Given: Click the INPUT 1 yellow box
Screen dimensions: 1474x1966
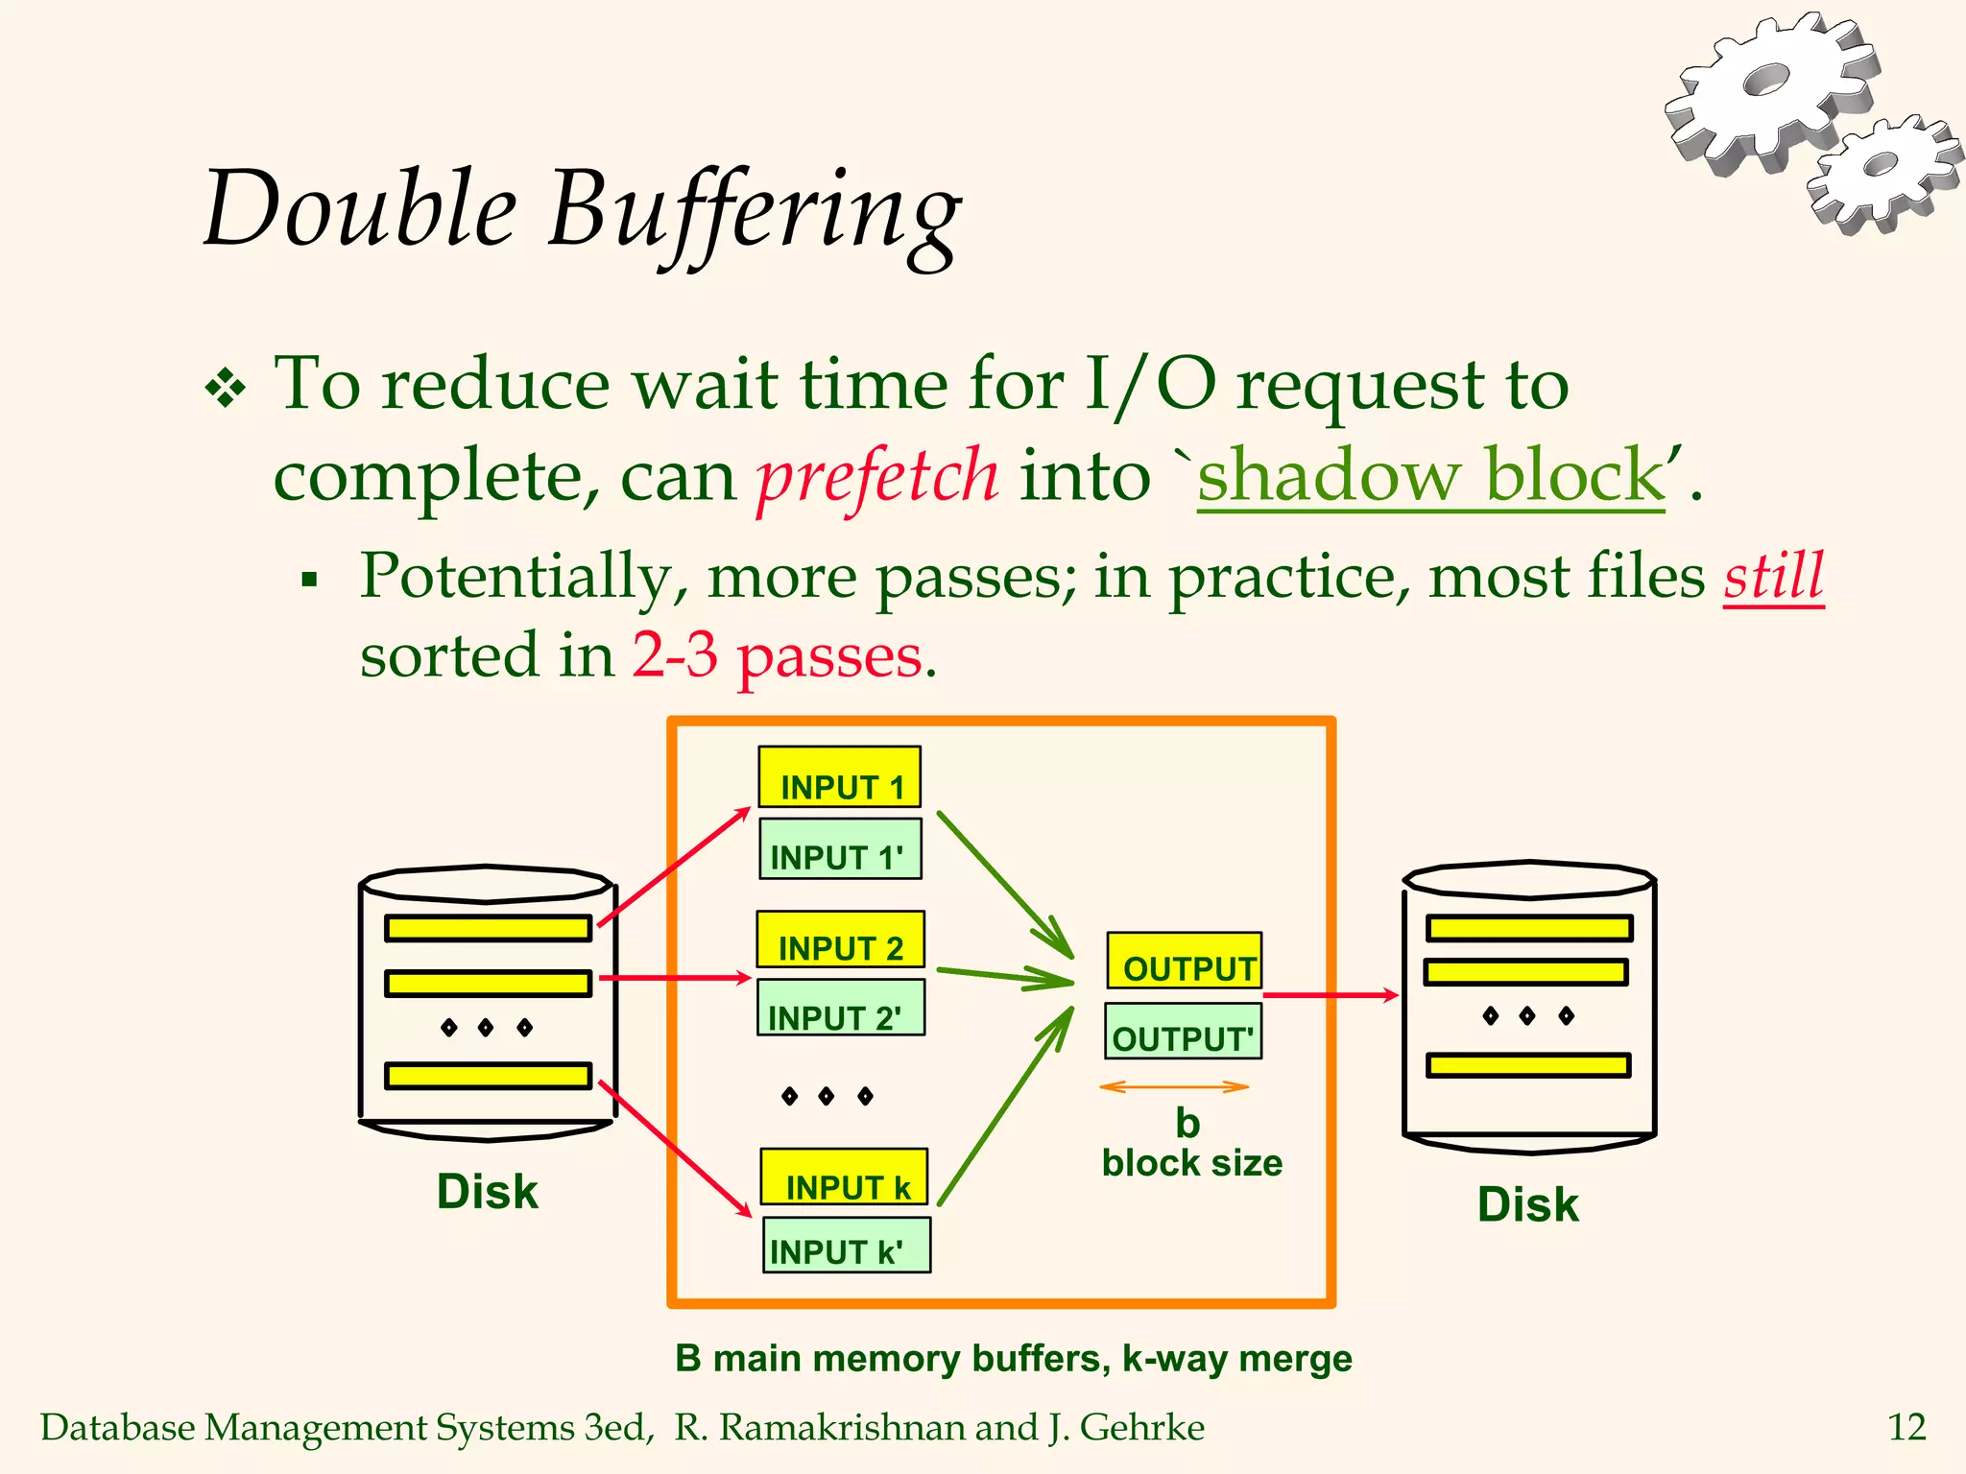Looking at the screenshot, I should click(840, 777).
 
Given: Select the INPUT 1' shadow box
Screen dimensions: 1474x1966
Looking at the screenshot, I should click(840, 849).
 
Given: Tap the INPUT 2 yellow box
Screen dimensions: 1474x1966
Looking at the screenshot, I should click(840, 939).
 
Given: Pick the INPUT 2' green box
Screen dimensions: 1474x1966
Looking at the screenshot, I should click(840, 1008).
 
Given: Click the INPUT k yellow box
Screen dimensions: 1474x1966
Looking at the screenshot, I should click(845, 1177).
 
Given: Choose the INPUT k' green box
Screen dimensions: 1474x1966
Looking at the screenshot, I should click(846, 1246).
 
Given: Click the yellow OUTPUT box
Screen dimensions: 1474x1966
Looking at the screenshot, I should click(1184, 961).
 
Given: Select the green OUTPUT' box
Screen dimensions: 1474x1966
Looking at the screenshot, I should click(1183, 1032).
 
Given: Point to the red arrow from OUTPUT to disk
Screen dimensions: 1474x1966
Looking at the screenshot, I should click(1330, 995).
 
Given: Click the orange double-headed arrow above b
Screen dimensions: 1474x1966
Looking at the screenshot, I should click(1173, 1087).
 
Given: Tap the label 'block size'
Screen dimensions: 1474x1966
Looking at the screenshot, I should click(1191, 1163).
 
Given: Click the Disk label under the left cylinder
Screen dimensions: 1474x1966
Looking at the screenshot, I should click(487, 1192).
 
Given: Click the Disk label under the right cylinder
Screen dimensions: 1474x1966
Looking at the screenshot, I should click(1527, 1204).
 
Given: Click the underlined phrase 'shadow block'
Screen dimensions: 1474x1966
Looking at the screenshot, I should click(1430, 475).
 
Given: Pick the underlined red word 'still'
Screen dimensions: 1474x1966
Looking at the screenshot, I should click(1773, 577).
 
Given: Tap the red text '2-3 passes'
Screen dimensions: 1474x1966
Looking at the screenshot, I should click(778, 656).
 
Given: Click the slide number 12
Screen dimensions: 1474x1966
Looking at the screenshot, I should click(1906, 1427).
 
